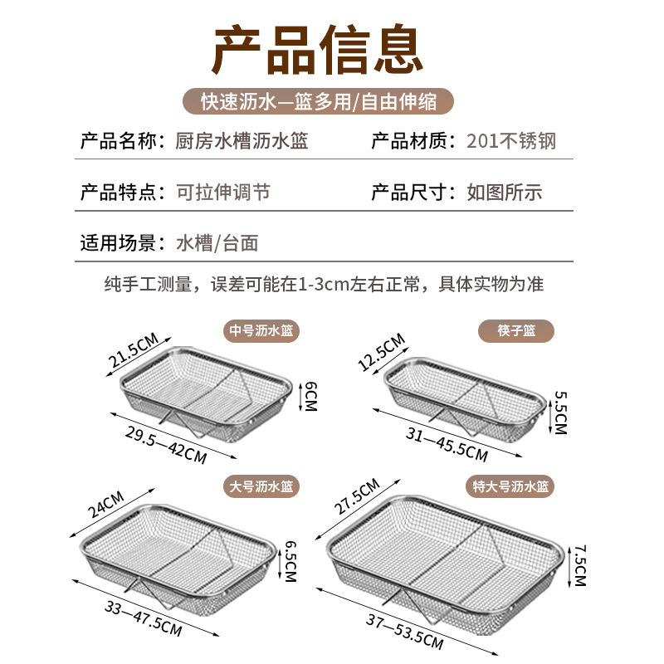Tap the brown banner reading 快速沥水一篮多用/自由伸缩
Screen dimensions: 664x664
click(x=320, y=102)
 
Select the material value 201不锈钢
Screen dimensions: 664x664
click(x=510, y=141)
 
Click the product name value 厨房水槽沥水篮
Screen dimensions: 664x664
click(x=242, y=141)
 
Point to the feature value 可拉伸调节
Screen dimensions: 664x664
click(x=223, y=193)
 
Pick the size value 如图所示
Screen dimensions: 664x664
click(x=504, y=193)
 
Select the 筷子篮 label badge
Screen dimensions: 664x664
click(x=516, y=331)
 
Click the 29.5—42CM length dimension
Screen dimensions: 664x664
click(x=166, y=443)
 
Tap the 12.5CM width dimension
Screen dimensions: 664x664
click(x=381, y=352)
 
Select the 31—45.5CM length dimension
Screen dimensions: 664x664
click(x=446, y=443)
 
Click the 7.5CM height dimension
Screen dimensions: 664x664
click(x=579, y=564)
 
